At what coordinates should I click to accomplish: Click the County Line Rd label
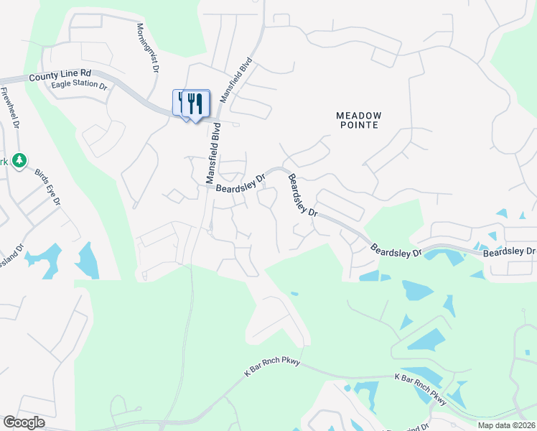pos(60,75)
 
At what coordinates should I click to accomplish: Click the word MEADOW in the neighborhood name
pos(358,115)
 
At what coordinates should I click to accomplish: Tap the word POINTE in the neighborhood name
pos(358,125)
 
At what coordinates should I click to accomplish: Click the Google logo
pos(24,422)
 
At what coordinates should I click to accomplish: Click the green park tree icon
pos(21,159)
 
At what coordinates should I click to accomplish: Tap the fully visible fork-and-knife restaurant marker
pos(195,104)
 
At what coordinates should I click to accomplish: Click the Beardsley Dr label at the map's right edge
pos(509,252)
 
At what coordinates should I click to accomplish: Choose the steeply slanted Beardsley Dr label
pos(302,195)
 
